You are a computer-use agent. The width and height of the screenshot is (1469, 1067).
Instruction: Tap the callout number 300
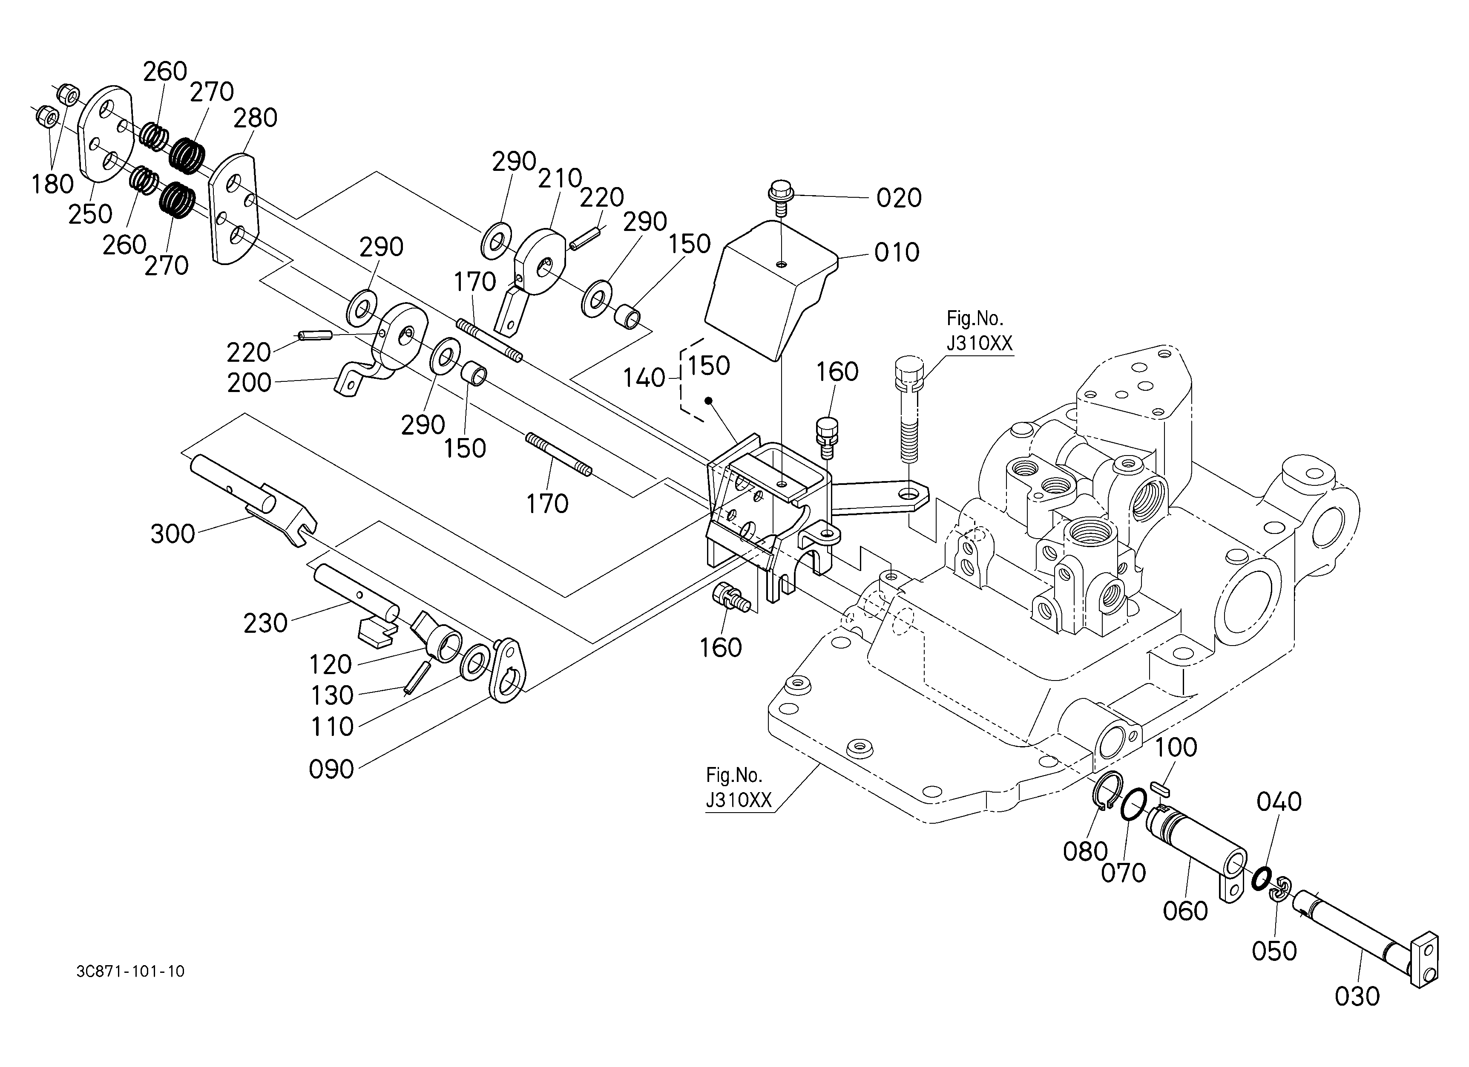pyautogui.click(x=172, y=534)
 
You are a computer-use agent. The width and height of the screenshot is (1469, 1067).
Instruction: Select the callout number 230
pyautogui.click(x=265, y=623)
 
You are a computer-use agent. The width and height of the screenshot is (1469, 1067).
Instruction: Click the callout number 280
pyautogui.click(x=255, y=118)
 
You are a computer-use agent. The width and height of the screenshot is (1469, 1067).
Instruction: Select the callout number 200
pyautogui.click(x=249, y=383)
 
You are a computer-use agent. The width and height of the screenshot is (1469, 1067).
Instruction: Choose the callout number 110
pyautogui.click(x=332, y=727)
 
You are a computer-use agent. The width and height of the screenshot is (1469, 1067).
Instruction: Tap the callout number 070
pyautogui.click(x=1124, y=873)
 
